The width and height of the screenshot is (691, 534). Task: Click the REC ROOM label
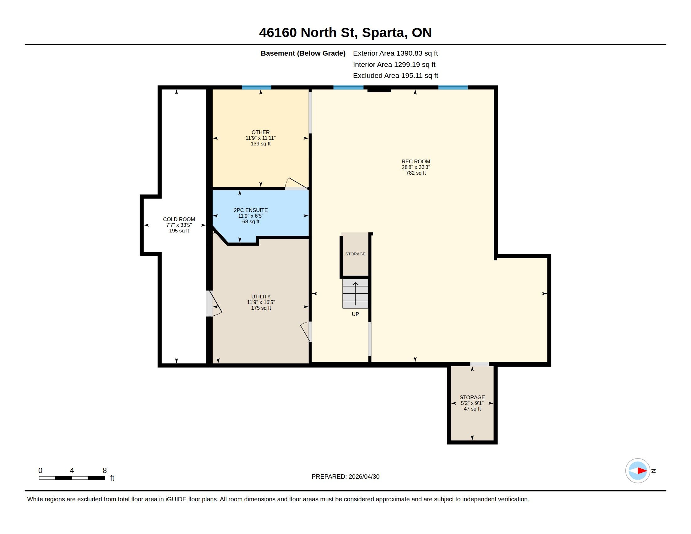[416, 162]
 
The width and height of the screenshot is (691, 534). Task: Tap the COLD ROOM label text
[179, 220]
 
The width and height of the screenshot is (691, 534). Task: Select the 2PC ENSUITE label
[251, 210]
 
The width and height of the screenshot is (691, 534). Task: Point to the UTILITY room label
[261, 297]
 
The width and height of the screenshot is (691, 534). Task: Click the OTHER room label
[261, 133]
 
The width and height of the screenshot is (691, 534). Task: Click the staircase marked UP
[355, 293]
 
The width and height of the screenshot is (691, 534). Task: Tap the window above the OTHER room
[257, 88]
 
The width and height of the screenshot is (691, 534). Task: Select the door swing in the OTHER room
[297, 183]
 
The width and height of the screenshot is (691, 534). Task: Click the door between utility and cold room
[214, 304]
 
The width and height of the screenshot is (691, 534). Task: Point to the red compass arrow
[642, 471]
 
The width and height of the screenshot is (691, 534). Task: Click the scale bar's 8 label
[105, 471]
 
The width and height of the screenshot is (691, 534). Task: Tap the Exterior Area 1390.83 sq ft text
[395, 53]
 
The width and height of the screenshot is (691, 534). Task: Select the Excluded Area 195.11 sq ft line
[395, 76]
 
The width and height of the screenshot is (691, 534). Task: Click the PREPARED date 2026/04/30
[364, 477]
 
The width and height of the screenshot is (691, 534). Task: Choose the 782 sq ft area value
[416, 173]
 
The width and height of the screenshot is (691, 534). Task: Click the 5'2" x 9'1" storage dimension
[472, 403]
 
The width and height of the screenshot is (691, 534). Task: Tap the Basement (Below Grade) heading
[303, 53]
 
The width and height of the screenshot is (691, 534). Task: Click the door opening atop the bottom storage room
[479, 364]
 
